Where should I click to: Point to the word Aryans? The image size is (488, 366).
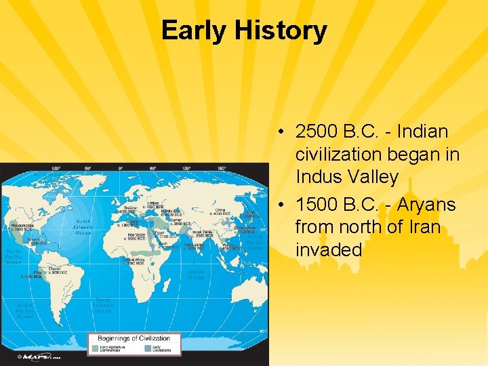pyautogui.click(x=427, y=204)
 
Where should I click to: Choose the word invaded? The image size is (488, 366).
pyautogui.click(x=329, y=249)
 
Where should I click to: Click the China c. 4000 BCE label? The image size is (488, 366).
pyautogui.click(x=221, y=211)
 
